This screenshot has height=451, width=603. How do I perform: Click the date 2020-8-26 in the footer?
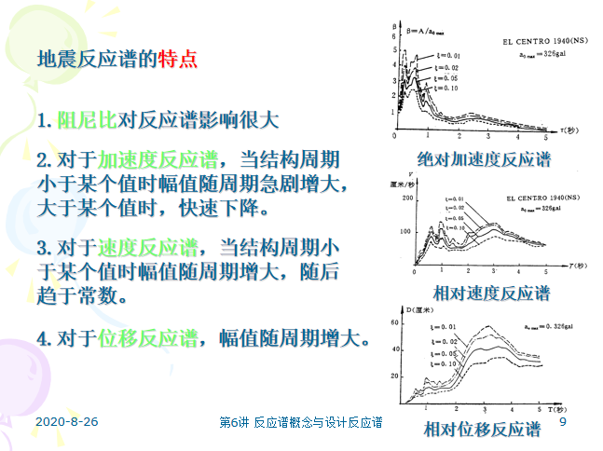click(x=67, y=422)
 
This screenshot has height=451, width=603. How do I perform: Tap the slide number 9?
click(x=563, y=422)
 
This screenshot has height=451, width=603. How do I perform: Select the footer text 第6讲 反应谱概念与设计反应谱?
click(x=300, y=423)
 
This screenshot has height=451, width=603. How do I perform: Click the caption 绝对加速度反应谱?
click(x=484, y=158)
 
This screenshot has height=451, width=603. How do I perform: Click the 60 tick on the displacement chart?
click(x=395, y=322)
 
